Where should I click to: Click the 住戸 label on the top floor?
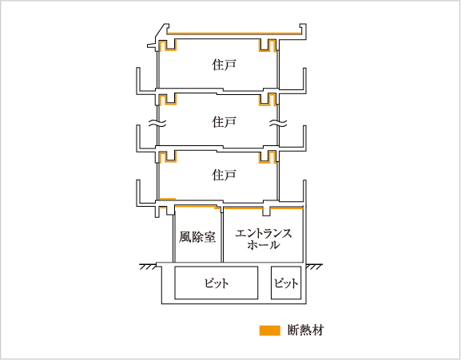pyautogui.click(x=224, y=65)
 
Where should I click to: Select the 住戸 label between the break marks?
pyautogui.click(x=224, y=122)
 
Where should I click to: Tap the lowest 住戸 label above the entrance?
pyautogui.click(x=224, y=176)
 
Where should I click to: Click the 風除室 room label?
pyautogui.click(x=197, y=237)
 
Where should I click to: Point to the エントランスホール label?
pyautogui.click(x=264, y=239)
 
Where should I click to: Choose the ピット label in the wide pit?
pyautogui.click(x=217, y=283)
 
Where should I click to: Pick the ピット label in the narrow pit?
pyautogui.click(x=286, y=283)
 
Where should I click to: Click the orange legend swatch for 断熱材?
pyautogui.click(x=269, y=330)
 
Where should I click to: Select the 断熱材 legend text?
pyautogui.click(x=306, y=330)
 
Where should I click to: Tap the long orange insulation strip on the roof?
pyautogui.click(x=234, y=34)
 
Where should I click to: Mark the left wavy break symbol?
pyautogui.click(x=157, y=123)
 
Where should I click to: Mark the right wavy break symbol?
pyautogui.click(x=278, y=123)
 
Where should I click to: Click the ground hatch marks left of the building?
pyautogui.click(x=148, y=267)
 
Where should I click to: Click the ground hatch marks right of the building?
pyautogui.click(x=314, y=267)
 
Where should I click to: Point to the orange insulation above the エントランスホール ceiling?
pyautogui.click(x=263, y=208)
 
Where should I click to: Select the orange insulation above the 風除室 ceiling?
pyautogui.click(x=197, y=207)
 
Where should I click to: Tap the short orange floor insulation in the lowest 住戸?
pyautogui.click(x=167, y=199)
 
